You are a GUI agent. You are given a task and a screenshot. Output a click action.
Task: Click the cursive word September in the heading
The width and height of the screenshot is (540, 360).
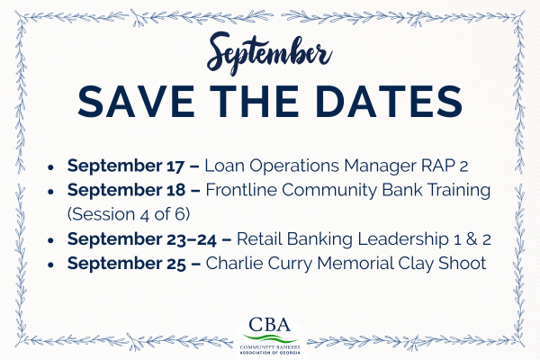click(x=269, y=53)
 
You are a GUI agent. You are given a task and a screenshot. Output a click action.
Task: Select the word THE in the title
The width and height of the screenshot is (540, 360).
click(x=254, y=102)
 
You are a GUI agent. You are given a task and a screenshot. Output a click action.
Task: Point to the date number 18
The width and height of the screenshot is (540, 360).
click(x=176, y=191)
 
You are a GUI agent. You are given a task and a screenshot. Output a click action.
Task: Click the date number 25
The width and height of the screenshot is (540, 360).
click(x=176, y=264)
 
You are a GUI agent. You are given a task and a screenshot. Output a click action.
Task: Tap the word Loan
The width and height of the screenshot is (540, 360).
click(x=224, y=166)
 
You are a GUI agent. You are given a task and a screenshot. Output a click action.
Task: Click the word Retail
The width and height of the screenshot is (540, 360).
click(x=259, y=238)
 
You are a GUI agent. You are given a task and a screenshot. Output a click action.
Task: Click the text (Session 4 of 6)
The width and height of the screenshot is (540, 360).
click(x=129, y=214)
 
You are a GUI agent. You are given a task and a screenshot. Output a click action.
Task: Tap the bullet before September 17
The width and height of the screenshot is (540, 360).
click(x=51, y=167)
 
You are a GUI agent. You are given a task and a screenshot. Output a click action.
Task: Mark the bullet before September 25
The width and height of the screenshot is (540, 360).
click(x=51, y=265)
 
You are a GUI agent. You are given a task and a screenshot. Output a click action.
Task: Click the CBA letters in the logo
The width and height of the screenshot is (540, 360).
click(x=270, y=325)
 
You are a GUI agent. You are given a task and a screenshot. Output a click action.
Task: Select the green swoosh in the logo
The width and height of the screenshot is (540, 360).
click(x=270, y=337)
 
